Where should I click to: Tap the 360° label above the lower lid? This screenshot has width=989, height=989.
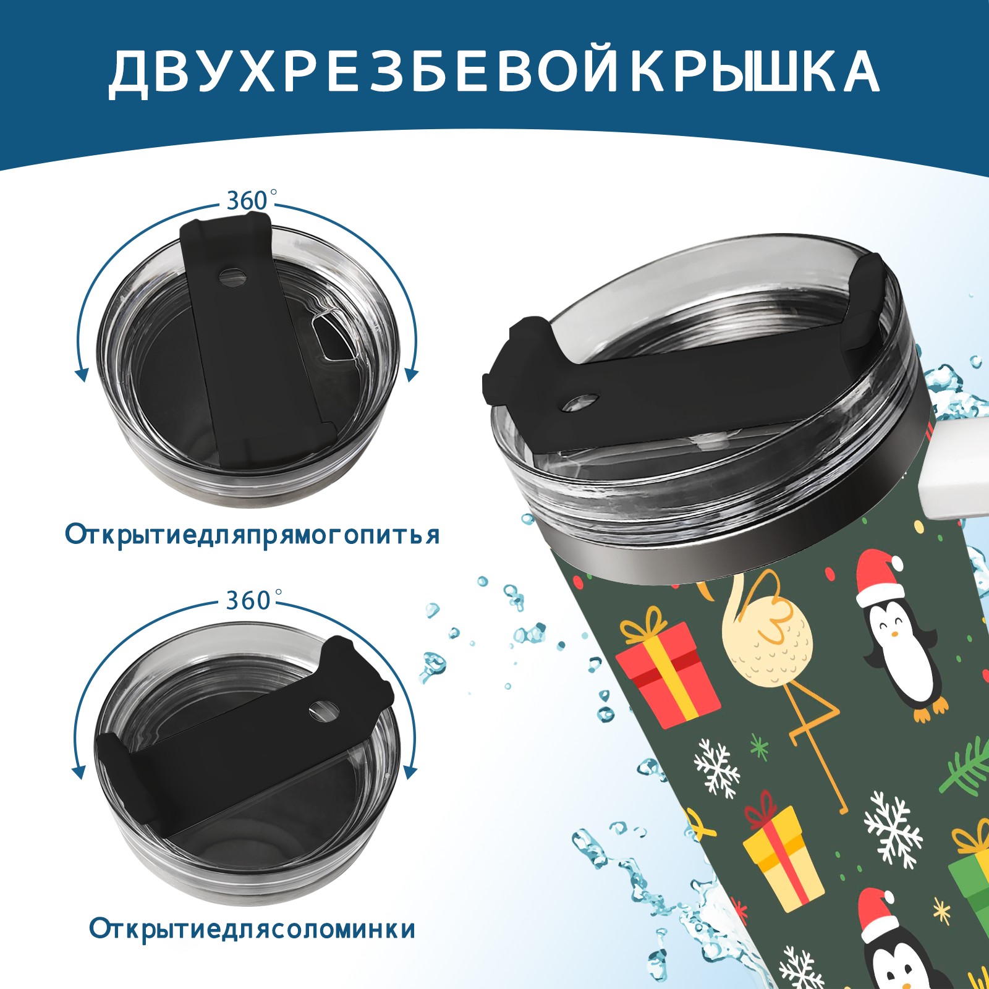click(248, 600)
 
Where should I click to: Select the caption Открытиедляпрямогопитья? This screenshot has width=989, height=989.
click(252, 535)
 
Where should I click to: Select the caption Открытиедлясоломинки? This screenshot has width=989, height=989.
click(252, 929)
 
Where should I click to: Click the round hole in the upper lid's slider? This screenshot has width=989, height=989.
click(233, 276)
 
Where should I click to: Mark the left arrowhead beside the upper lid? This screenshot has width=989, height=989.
click(81, 374)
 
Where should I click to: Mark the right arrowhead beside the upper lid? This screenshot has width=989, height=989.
click(412, 374)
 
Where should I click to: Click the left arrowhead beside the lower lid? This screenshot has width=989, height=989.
click(79, 772)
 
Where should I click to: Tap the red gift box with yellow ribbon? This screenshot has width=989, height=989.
click(668, 671)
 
